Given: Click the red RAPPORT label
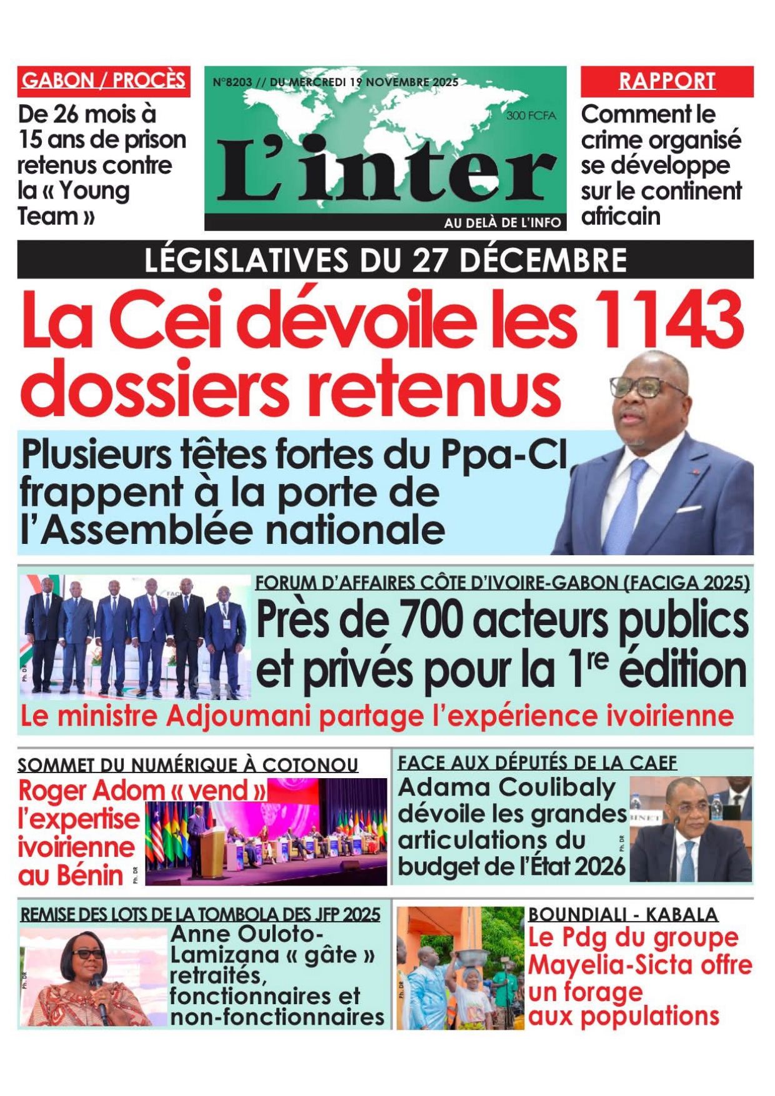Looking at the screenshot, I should [667, 81].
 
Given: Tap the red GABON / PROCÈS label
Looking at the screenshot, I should [104, 81].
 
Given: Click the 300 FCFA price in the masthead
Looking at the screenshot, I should [531, 115].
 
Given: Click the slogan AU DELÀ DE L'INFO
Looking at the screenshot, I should [502, 223].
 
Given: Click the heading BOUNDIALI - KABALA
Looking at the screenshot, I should [622, 914].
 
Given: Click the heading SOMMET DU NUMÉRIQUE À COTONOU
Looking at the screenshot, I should [187, 764].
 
